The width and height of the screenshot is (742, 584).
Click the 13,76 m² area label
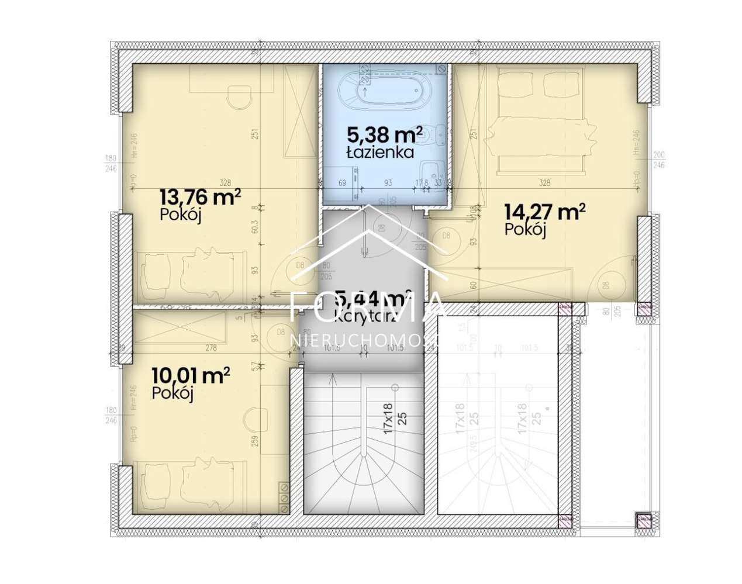[201, 197]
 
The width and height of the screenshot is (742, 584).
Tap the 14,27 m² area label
[545, 212]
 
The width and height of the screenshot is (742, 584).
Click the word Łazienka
[380, 153]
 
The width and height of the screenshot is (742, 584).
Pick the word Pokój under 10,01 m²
[172, 393]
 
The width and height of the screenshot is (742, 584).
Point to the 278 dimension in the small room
[211, 348]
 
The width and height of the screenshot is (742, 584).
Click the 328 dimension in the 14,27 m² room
[544, 183]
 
